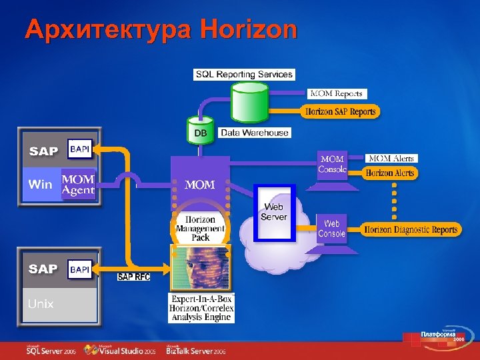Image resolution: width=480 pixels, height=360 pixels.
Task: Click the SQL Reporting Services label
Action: [x=244, y=74]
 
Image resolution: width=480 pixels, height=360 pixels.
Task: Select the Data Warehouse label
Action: [x=255, y=133]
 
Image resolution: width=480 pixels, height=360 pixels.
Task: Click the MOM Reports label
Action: [x=337, y=94]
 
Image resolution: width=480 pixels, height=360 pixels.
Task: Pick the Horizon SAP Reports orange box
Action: [x=341, y=111]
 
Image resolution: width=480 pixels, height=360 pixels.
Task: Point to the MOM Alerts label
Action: [x=392, y=159]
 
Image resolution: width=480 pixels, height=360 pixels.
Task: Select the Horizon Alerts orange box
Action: [x=390, y=173]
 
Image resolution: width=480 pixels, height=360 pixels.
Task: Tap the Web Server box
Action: [x=274, y=212]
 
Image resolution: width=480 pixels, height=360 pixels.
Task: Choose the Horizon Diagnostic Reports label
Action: [x=411, y=230]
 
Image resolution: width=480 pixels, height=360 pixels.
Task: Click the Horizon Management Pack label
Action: [x=200, y=228]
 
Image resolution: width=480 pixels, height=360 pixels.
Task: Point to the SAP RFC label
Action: [x=133, y=277]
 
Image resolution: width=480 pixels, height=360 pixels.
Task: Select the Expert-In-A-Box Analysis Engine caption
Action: [x=201, y=308]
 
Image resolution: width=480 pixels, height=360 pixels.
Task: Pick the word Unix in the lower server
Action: [x=41, y=303]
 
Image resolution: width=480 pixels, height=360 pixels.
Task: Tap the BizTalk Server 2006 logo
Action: [x=196, y=350]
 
